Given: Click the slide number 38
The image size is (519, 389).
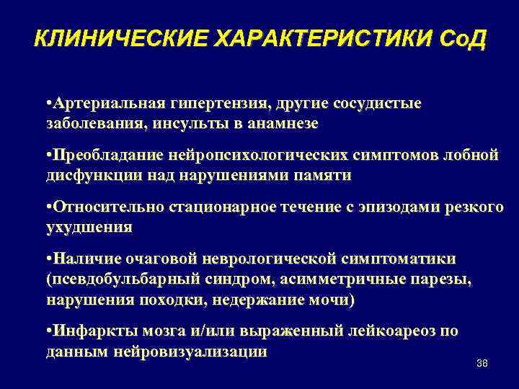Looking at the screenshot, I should (482, 363).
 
